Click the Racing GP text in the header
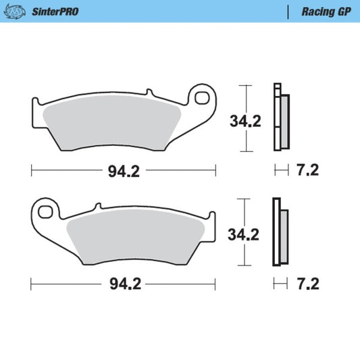pos(321,11)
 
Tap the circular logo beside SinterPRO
pos(16,11)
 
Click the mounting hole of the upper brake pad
pos(201,99)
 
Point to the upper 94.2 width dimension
pos(124,171)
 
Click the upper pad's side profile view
pos(280,118)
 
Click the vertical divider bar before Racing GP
pos(289,11)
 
